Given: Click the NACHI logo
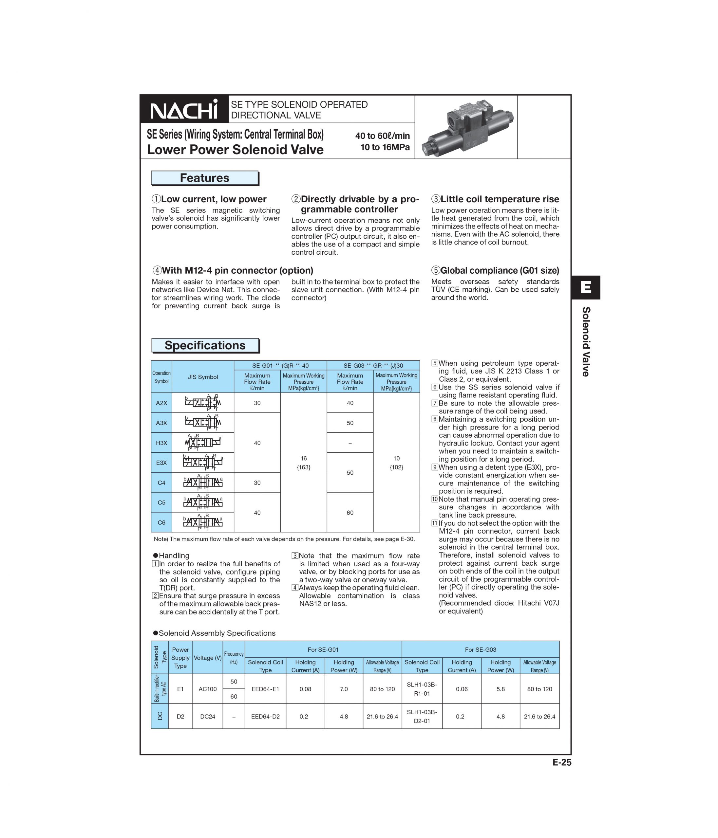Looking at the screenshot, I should tap(184, 109).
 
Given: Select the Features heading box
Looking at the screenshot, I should tap(204, 178).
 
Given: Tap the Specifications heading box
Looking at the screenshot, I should tap(205, 345).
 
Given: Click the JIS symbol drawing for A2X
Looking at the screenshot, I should tap(203, 403).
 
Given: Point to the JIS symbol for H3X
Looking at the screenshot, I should tap(203, 443).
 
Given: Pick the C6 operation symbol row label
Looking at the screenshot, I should tap(161, 522).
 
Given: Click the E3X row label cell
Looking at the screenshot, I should tap(161, 463).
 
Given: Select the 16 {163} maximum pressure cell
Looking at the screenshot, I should tap(304, 463).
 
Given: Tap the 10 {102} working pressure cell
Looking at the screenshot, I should tap(396, 463).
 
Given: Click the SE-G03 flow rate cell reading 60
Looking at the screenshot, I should tap(350, 512).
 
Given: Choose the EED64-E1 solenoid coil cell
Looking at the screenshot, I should tap(265, 689).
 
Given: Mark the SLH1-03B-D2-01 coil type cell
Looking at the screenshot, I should tap(422, 716).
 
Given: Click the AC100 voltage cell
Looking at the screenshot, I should tap(208, 689).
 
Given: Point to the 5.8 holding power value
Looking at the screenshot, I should tap(500, 689).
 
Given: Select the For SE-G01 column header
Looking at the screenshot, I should tap(323, 649).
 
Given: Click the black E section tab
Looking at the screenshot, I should tap(585, 287).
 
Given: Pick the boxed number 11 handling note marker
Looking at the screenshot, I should tap(435, 523).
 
